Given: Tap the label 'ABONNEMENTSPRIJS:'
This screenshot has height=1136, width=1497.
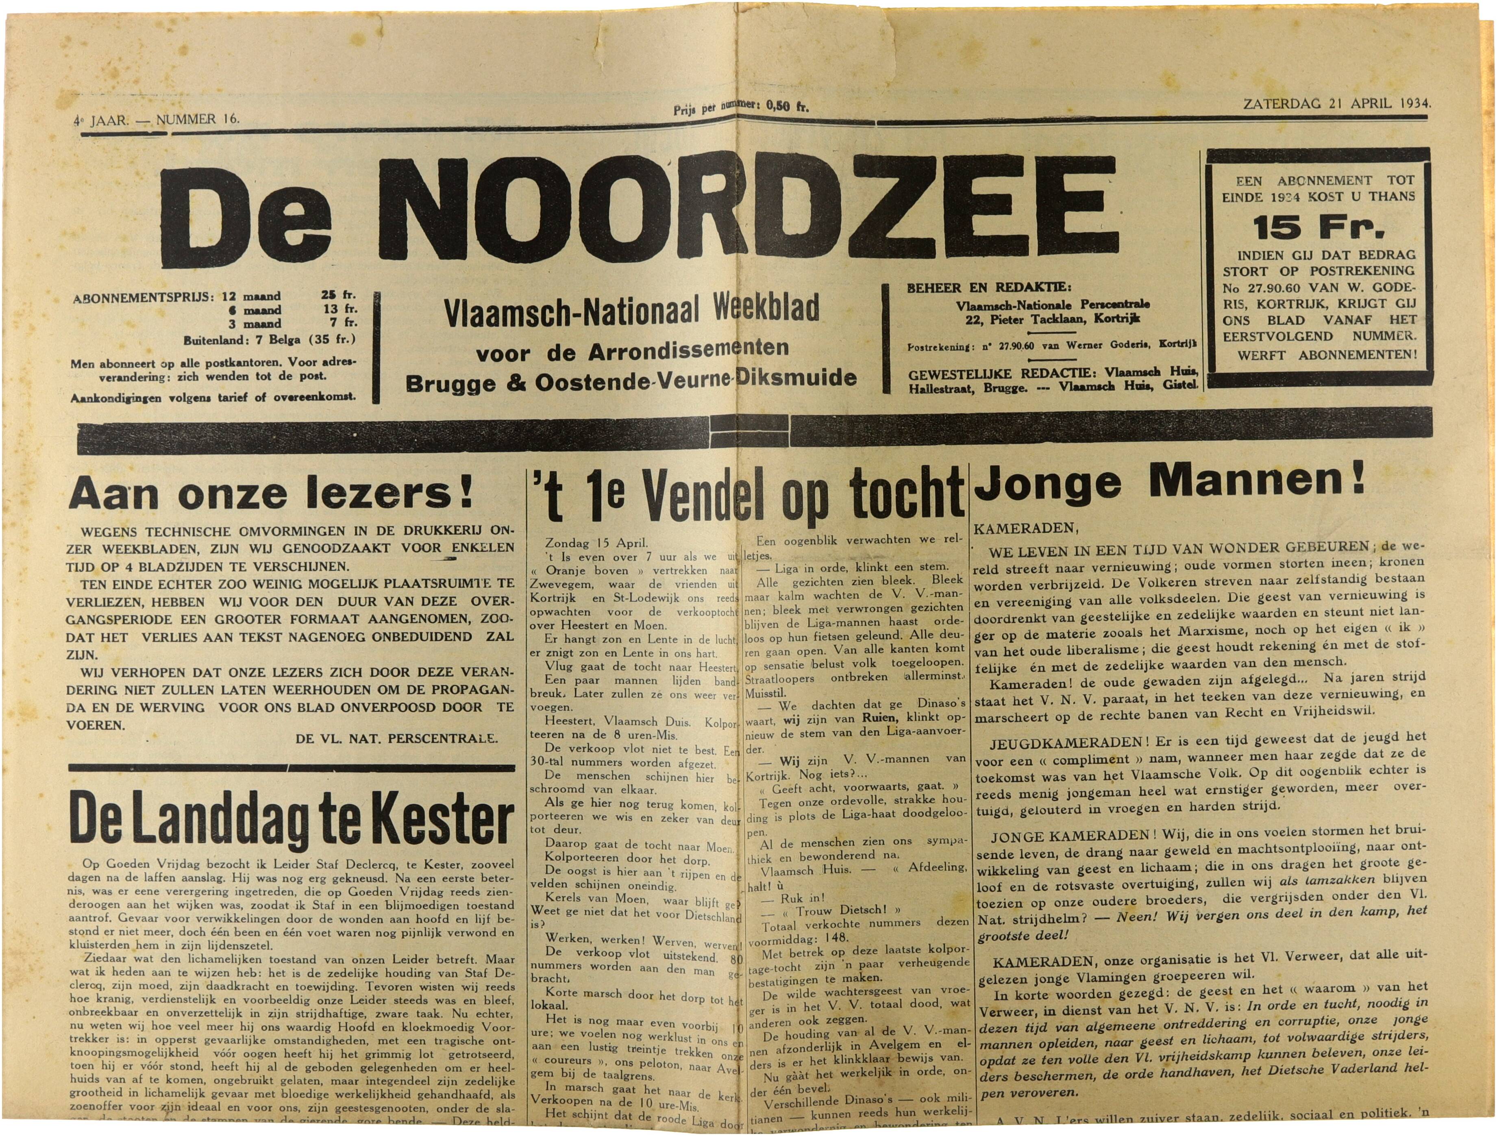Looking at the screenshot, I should tap(142, 296).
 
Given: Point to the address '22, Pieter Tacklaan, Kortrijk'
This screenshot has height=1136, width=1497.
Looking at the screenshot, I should tap(1046, 319).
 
